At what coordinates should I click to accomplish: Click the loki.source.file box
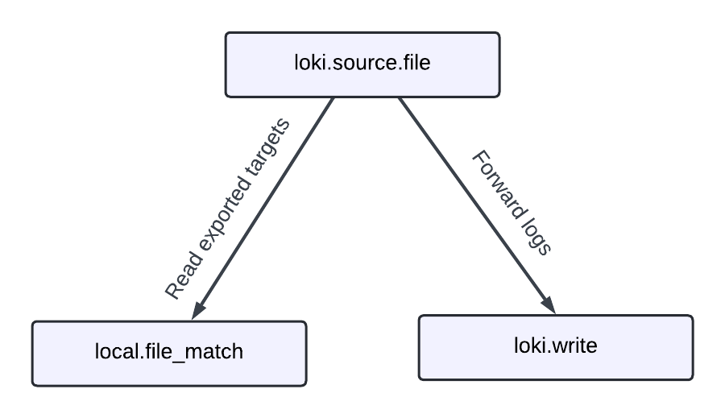coord(362,64)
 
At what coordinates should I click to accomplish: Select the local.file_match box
coord(169,354)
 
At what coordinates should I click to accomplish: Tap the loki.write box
coord(555,347)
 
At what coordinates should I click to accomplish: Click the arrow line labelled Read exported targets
coord(266,205)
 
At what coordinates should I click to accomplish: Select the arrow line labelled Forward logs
coord(475,205)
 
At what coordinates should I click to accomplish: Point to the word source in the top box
coord(362,64)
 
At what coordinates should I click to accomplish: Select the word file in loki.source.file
coord(416,64)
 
